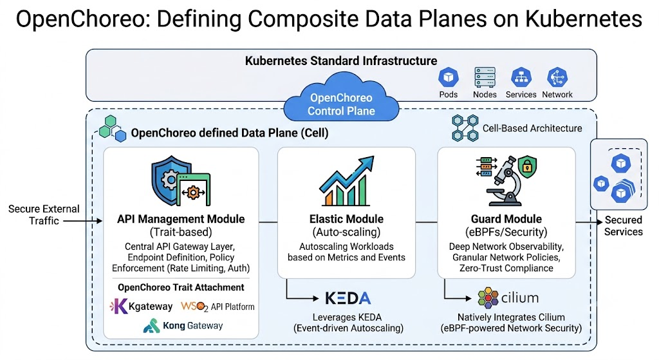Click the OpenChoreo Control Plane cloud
[341, 98]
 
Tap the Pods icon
[449, 77]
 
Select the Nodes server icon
[485, 77]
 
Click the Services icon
[521, 77]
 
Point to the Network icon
[557, 77]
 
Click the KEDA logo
[348, 298]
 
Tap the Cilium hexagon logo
[488, 298]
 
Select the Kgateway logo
[118, 306]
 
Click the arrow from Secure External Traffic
[83, 221]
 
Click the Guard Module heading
[506, 219]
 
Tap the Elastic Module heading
[346, 219]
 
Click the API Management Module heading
[181, 219]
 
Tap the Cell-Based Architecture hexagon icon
[465, 128]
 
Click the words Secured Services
[623, 226]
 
